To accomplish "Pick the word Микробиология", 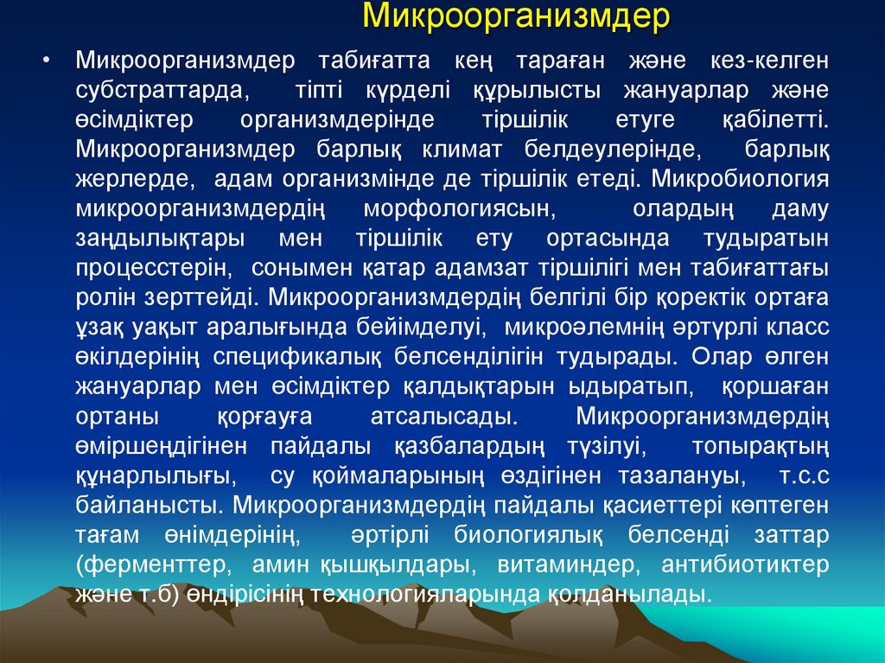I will click(741, 180).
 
